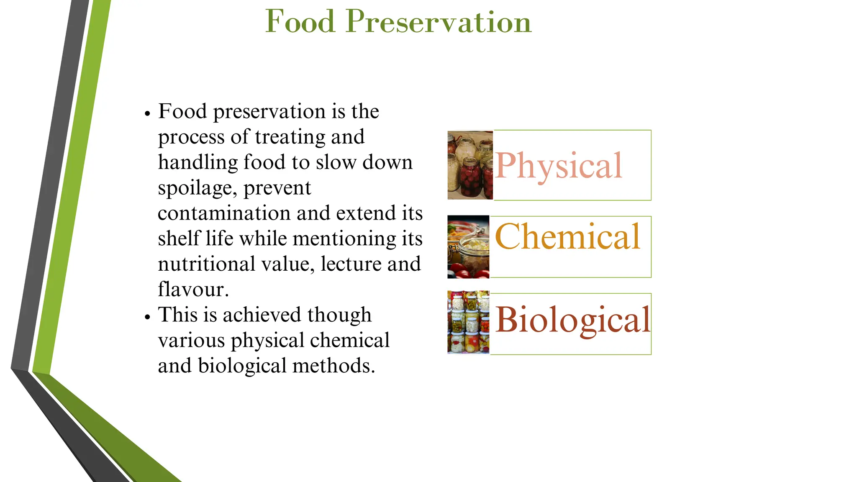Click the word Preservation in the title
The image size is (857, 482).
pyautogui.click(x=438, y=22)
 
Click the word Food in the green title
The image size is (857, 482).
pyautogui.click(x=300, y=22)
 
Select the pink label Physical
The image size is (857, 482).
pyautogui.click(x=559, y=166)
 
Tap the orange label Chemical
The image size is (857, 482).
pyautogui.click(x=567, y=237)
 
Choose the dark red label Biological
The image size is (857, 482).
pyautogui.click(x=572, y=320)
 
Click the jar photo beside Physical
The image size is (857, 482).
pyautogui.click(x=470, y=165)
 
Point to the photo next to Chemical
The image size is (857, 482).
pyautogui.click(x=468, y=247)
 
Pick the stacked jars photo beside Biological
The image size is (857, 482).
pyautogui.click(x=468, y=322)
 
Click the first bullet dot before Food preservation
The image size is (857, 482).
pyautogui.click(x=147, y=114)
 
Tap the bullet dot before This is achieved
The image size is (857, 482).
pyautogui.click(x=147, y=317)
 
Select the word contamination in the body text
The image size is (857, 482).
pyautogui.click(x=224, y=213)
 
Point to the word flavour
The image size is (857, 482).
pyautogui.click(x=193, y=290)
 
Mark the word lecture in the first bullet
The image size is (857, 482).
pyautogui.click(x=351, y=264)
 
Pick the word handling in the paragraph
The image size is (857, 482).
pyautogui.click(x=198, y=162)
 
